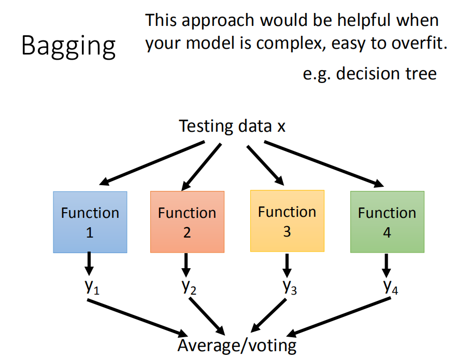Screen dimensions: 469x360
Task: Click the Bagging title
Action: coord(68,46)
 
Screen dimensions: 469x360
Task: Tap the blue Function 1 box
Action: coord(90,222)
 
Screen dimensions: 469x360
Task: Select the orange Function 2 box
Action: coord(187,222)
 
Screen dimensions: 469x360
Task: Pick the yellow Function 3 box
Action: coord(287,221)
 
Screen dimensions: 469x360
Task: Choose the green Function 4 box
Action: coord(387,222)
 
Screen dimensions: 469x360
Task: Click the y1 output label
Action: coord(92,287)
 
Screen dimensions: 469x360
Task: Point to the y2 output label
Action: coord(189,287)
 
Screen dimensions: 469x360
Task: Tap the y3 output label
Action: coord(290,287)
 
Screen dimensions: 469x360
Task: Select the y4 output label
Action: coord(391,287)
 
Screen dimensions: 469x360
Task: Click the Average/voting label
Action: coord(237,345)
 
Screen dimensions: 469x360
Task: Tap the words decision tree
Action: coord(386,73)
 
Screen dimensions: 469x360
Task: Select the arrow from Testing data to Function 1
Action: coord(152,163)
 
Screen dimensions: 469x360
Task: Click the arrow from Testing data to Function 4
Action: coord(324,164)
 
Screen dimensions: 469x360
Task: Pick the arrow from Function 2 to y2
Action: coord(186,265)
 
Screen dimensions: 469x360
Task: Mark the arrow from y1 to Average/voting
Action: coord(137,318)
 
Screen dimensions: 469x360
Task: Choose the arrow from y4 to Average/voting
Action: coord(338,317)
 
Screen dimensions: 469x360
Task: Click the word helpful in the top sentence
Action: coord(364,20)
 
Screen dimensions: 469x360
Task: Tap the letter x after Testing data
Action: coord(281,127)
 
